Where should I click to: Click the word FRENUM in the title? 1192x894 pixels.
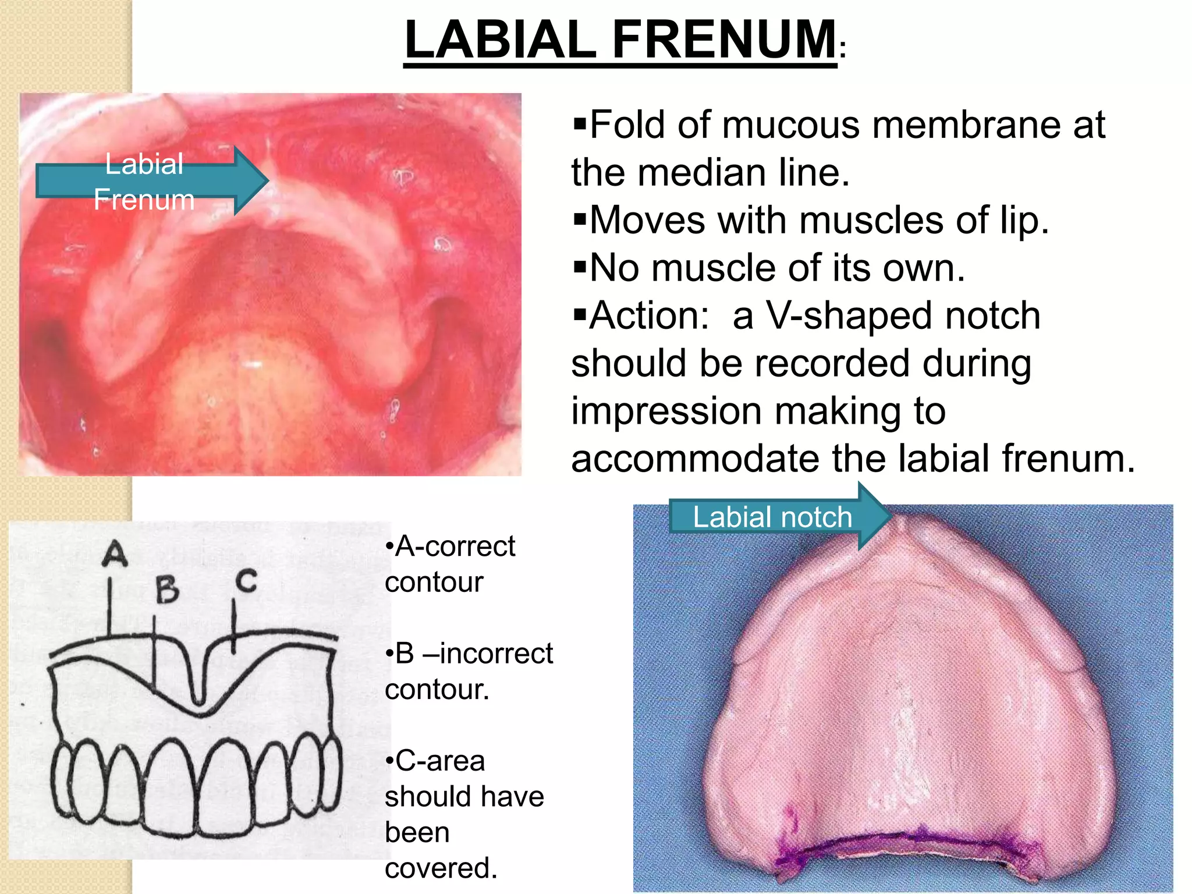[x=724, y=40]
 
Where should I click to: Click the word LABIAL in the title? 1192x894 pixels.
[x=501, y=40]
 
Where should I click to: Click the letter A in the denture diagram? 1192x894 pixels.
[x=115, y=554]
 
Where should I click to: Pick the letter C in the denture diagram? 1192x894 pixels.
[x=246, y=581]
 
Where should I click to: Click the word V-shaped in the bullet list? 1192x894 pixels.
[x=902, y=315]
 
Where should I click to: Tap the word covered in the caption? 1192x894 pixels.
[x=441, y=868]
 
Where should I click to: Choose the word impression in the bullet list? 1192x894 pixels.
[x=666, y=411]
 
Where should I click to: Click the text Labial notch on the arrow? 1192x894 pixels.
[x=772, y=517]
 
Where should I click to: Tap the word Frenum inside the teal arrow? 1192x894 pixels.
[x=144, y=200]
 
